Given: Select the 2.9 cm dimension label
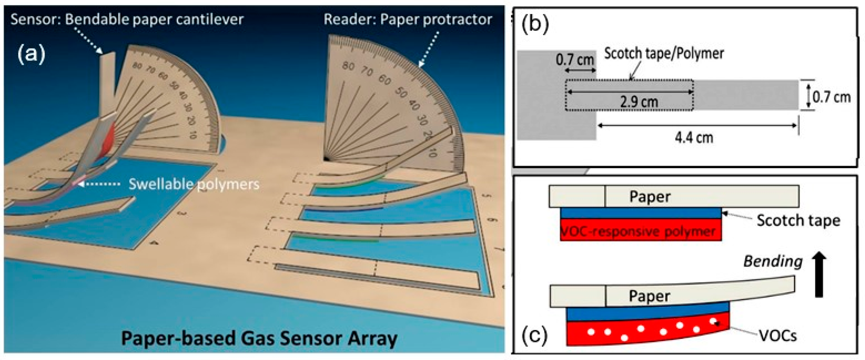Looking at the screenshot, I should click(x=639, y=102).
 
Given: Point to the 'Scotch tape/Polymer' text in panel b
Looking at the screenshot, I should click(x=664, y=53).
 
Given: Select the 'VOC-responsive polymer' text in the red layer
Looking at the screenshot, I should click(x=638, y=231).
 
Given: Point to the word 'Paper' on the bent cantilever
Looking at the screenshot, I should click(x=649, y=296).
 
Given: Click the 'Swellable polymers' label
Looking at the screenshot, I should click(x=194, y=184).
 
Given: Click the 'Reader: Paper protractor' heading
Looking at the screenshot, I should click(x=408, y=20).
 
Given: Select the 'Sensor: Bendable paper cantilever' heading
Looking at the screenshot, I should click(x=127, y=20).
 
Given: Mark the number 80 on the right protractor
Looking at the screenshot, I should click(x=348, y=66).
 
